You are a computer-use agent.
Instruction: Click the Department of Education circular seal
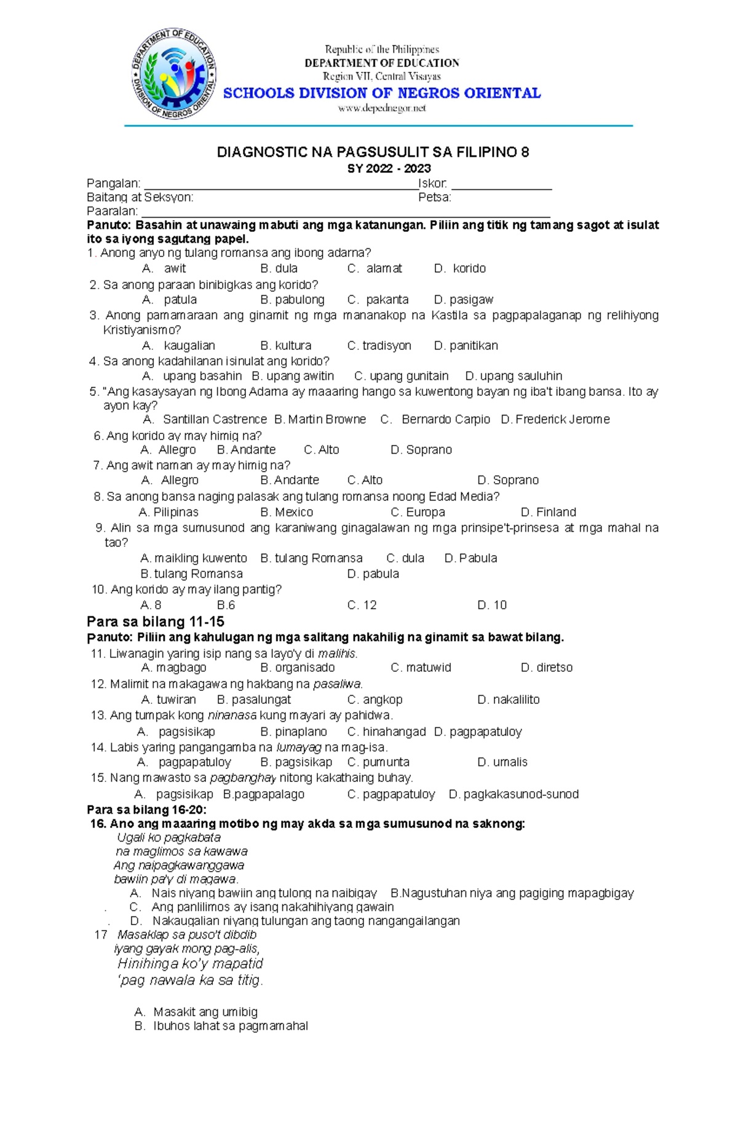(x=174, y=74)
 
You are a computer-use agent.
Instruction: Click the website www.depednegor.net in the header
(x=382, y=109)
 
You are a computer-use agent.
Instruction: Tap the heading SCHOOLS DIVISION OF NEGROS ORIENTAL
(x=382, y=93)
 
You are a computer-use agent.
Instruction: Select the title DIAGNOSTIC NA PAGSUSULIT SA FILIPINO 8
(x=373, y=152)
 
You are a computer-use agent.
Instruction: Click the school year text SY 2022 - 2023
(x=389, y=168)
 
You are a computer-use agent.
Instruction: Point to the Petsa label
(x=435, y=197)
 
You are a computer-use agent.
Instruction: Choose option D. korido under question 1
(x=460, y=269)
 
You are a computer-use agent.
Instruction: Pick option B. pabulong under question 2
(x=292, y=300)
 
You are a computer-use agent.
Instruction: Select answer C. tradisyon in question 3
(x=379, y=346)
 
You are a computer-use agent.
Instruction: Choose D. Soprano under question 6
(x=421, y=450)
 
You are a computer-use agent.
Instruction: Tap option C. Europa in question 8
(x=418, y=513)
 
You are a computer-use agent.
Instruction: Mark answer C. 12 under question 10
(x=362, y=605)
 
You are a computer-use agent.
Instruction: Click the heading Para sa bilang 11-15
(x=156, y=621)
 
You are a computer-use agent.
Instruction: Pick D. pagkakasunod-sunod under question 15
(x=514, y=795)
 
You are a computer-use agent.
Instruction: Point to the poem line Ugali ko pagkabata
(x=169, y=838)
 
